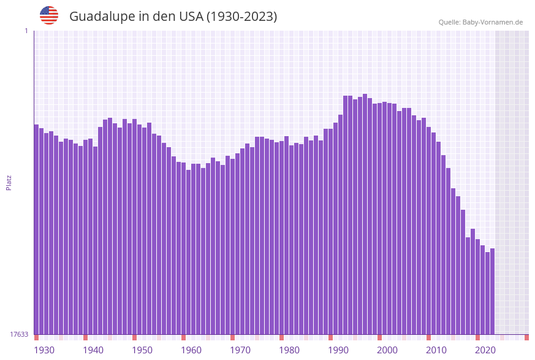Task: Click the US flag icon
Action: click(x=49, y=15)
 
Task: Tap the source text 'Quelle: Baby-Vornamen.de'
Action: click(x=480, y=22)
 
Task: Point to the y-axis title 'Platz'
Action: click(x=9, y=182)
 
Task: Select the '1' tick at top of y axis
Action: click(x=26, y=31)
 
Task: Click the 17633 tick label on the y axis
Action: click(x=19, y=334)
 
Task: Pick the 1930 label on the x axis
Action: click(x=44, y=350)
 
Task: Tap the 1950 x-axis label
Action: click(x=142, y=350)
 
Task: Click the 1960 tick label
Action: click(x=191, y=350)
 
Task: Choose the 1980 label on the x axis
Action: click(x=289, y=350)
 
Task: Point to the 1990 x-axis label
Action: click(x=338, y=350)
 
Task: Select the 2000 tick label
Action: click(x=387, y=350)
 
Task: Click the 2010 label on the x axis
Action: click(x=436, y=350)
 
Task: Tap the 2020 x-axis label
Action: click(x=485, y=350)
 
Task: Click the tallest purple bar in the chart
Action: click(x=365, y=214)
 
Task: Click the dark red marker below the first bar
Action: click(x=36, y=337)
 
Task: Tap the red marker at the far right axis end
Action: click(x=526, y=337)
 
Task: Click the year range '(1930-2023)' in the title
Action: click(x=241, y=17)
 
